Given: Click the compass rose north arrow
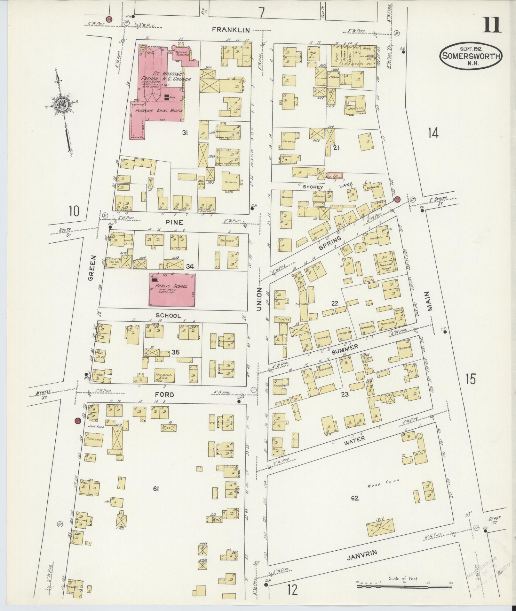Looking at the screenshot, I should click(61, 105).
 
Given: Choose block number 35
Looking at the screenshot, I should click(175, 352).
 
